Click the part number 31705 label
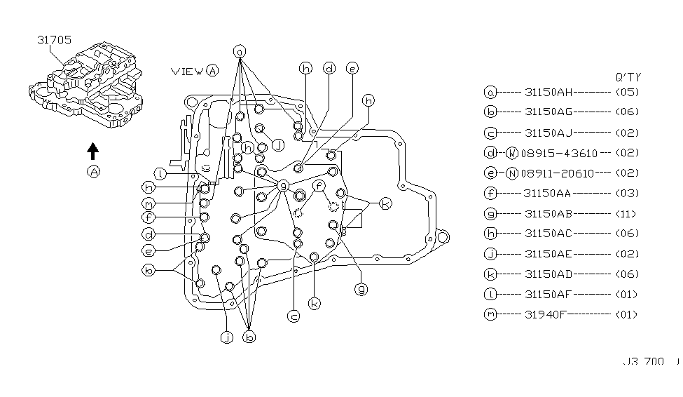(54, 40)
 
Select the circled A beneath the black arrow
(93, 172)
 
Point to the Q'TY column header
(627, 77)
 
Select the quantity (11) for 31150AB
(626, 213)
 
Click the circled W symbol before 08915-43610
(512, 152)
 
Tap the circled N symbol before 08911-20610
(512, 173)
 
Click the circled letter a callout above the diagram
(240, 51)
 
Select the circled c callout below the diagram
(294, 316)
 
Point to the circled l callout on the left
(160, 173)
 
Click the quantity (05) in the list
(626, 92)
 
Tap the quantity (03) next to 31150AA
(626, 193)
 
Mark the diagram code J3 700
(643, 362)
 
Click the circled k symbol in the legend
(490, 274)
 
